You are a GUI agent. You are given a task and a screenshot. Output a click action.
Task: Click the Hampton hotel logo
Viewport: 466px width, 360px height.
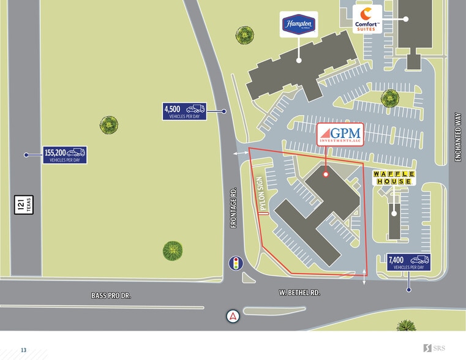point(299,24)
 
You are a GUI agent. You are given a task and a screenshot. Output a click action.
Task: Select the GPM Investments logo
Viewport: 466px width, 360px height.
point(340,133)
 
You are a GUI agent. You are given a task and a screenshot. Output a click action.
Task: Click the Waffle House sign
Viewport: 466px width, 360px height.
point(394,178)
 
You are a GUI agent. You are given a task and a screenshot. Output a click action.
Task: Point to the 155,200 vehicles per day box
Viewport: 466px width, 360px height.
point(64,155)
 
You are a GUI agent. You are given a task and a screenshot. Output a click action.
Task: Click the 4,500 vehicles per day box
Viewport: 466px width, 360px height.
point(184,111)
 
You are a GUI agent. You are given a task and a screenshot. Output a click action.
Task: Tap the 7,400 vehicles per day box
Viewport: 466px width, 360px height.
point(408,262)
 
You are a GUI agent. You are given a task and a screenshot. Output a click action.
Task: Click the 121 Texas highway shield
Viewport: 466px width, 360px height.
point(23,205)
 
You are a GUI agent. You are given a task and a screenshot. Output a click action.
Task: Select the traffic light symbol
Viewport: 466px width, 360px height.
point(236,263)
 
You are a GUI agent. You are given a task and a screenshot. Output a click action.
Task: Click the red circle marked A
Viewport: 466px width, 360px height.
point(233,317)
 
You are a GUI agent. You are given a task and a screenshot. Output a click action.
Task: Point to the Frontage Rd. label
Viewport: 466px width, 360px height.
point(233,208)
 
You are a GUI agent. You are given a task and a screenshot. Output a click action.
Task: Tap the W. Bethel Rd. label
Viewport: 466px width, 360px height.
point(299,293)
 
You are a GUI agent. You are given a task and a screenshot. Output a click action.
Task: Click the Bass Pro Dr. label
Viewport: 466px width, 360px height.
point(111,296)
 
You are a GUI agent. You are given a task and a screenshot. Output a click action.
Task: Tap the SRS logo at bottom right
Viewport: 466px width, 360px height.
point(434,348)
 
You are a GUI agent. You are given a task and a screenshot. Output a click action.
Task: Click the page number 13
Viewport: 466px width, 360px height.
point(24,350)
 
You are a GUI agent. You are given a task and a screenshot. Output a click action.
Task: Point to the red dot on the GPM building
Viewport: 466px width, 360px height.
point(326,174)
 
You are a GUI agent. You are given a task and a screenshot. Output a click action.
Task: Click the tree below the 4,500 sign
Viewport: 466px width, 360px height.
point(108,125)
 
